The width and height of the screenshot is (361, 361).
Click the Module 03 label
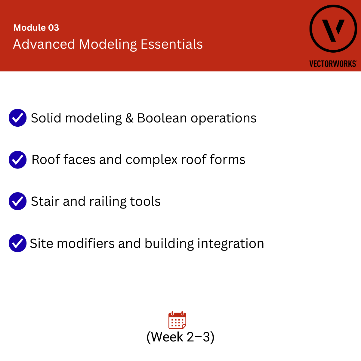(x=36, y=28)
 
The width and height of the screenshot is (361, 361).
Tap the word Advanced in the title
(x=44, y=45)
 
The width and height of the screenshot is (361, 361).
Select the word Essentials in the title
(x=171, y=45)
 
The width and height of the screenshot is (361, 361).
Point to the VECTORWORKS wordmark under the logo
(x=333, y=64)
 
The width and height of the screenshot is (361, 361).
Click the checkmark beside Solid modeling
(x=18, y=118)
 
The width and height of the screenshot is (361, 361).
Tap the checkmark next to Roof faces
(x=18, y=160)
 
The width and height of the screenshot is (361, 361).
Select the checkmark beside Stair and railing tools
(x=18, y=201)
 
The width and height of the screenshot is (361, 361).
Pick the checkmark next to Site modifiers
(x=18, y=243)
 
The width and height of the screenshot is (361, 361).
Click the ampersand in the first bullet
(x=129, y=118)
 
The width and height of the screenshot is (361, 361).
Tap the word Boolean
(x=162, y=118)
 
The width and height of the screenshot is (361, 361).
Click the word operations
(x=224, y=119)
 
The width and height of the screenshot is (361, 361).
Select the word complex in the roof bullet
(x=151, y=160)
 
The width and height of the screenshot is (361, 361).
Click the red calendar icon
(x=177, y=320)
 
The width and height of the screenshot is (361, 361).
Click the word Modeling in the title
(x=108, y=45)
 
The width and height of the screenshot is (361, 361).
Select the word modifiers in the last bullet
(x=86, y=243)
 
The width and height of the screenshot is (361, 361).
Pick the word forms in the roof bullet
(x=227, y=160)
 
